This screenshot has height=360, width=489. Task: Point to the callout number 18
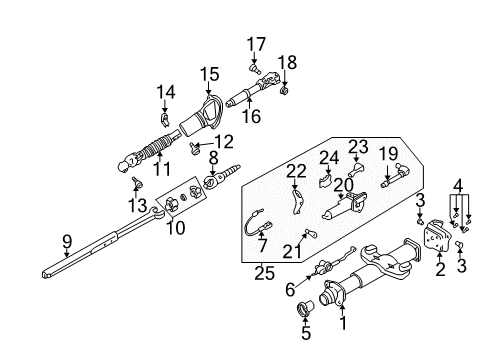tap(287, 63)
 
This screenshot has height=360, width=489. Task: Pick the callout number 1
tap(343, 323)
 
